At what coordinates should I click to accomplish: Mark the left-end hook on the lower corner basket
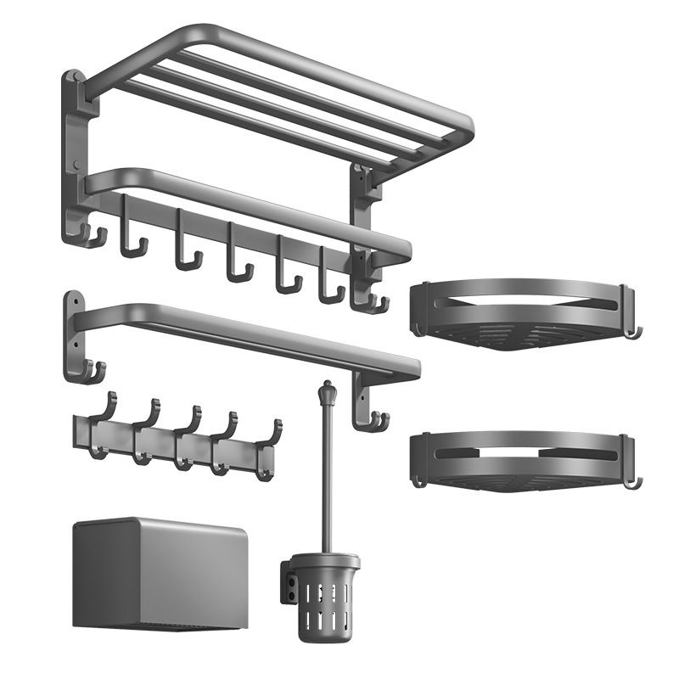(x=418, y=480)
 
